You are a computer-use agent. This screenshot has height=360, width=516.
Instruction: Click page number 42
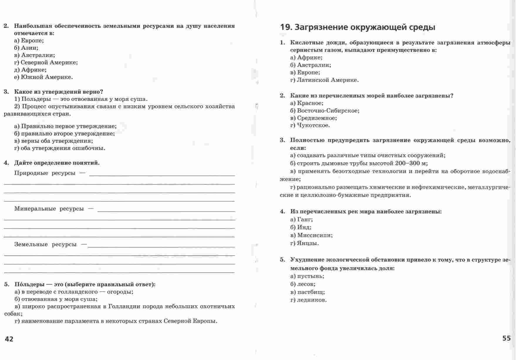tap(9, 339)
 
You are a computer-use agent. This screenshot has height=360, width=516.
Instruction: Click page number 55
tap(506, 338)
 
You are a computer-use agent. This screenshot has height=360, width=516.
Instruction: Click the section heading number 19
tap(285, 27)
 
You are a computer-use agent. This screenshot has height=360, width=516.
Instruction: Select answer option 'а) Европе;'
tap(29, 41)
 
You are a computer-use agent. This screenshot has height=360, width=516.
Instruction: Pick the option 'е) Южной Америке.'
tap(43, 77)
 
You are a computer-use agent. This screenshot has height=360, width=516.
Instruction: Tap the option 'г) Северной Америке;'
tap(46, 62)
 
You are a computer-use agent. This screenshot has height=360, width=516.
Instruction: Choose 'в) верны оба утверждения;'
tap(53, 141)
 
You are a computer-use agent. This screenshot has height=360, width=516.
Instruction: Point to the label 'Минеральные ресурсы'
tap(49, 209)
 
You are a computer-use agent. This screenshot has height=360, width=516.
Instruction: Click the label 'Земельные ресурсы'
tap(45, 244)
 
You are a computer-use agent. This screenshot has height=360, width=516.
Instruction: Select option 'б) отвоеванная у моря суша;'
tap(56, 299)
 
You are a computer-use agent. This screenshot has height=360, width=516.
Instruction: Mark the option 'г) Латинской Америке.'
tap(324, 80)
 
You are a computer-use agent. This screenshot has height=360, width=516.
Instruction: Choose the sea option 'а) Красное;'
tap(307, 103)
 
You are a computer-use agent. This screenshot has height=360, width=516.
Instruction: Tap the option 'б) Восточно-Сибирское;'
tap(325, 111)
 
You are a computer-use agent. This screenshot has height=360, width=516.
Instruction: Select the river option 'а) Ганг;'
tap(301, 219)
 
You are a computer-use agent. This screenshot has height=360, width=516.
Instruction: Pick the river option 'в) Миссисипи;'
tap(311, 235)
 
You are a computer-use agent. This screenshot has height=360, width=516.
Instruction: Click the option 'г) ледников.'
tap(308, 300)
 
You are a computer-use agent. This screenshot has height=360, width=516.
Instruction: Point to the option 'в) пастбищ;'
tap(307, 292)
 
